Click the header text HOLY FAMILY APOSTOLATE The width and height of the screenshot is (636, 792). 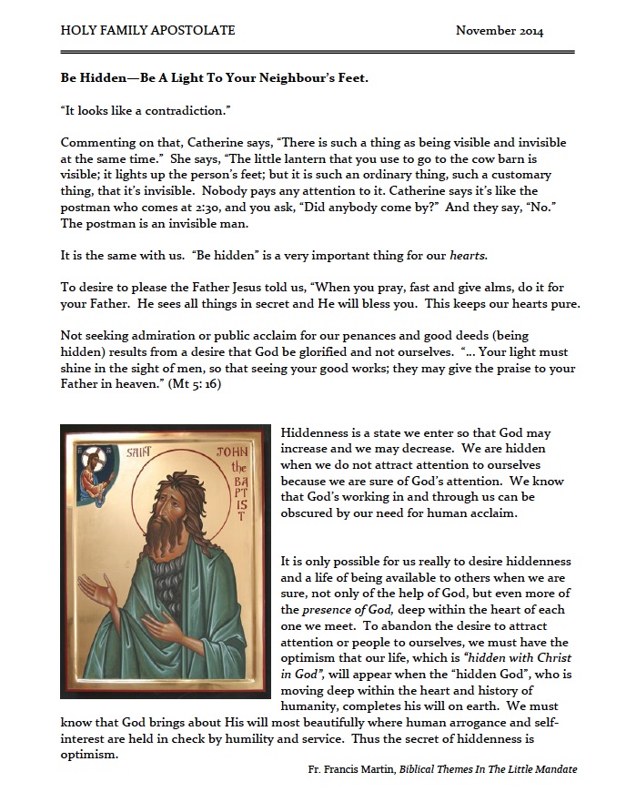(x=147, y=31)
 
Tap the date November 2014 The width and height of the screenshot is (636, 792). (x=500, y=31)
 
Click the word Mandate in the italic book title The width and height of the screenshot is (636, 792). (x=550, y=770)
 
